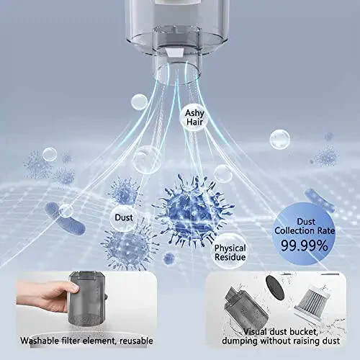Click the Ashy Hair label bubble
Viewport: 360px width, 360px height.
(x=194, y=117)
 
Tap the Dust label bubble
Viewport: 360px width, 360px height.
(x=123, y=217)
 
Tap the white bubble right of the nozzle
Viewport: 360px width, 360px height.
(x=279, y=139)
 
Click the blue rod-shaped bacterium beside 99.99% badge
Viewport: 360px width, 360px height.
(x=320, y=199)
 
